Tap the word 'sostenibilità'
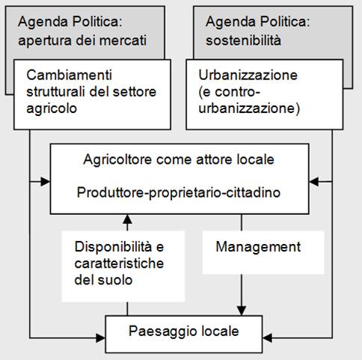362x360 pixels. pos(243,40)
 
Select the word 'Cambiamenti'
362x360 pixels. pos(69,75)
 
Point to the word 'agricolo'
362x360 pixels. pos(52,109)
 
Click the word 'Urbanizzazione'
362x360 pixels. pos(248,75)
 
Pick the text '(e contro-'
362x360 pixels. pos(230,92)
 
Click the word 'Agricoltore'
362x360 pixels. pos(117,159)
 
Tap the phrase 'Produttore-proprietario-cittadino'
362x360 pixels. pos(179,193)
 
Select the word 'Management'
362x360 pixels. pos(258,248)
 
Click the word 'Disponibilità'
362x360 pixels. pos(113,247)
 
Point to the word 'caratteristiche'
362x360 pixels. pos(119,263)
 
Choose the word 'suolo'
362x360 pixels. pos(115,280)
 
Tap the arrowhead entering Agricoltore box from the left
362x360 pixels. pos(46,182)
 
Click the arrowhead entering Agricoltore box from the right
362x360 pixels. pos(314,182)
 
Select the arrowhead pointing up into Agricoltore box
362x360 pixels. pos(127,219)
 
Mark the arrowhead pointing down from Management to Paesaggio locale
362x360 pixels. pos(242,311)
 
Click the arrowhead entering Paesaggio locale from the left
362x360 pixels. pos(101,338)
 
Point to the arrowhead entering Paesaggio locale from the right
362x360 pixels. pos(268,338)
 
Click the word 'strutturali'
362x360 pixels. pos(56,92)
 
